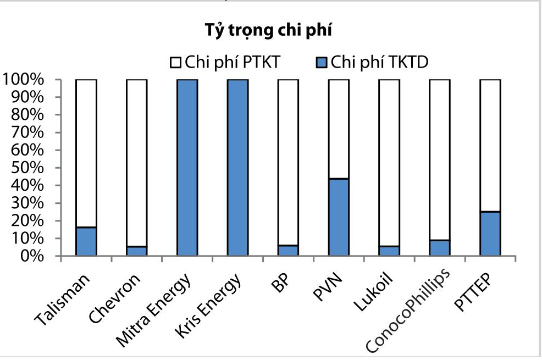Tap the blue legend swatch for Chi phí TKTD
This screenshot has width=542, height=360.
point(322,65)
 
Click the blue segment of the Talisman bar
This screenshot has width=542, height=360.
point(86,241)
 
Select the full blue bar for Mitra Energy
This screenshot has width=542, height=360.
point(187,168)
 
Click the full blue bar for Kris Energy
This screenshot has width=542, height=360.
point(237,168)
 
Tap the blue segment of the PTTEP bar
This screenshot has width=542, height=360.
point(490,234)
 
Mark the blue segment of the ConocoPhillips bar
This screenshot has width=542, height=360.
point(439,248)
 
